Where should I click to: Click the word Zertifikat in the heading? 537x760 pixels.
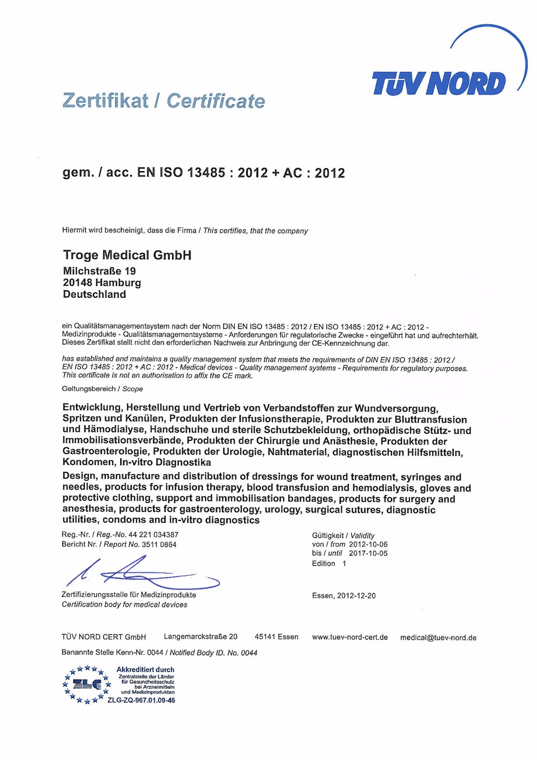pyautogui.click(x=105, y=101)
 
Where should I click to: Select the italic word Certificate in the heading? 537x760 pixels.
pyautogui.click(x=216, y=101)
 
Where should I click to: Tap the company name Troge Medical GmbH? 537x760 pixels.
pyautogui.click(x=127, y=255)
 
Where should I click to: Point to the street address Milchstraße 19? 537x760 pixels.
pyautogui.click(x=99, y=271)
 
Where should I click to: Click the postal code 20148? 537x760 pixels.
pyautogui.click(x=77, y=283)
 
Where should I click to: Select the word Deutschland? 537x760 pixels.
pyautogui.click(x=94, y=294)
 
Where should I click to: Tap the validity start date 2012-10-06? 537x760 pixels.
pyautogui.click(x=368, y=544)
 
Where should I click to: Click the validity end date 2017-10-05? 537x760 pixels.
pyautogui.click(x=368, y=553)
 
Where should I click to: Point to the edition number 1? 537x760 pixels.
pyautogui.click(x=344, y=563)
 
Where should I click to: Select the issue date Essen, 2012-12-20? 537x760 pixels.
pyautogui.click(x=344, y=596)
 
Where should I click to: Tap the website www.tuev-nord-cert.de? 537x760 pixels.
pyautogui.click(x=350, y=637)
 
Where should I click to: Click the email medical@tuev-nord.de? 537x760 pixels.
pyautogui.click(x=438, y=637)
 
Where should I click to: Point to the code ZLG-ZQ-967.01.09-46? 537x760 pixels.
pyautogui.click(x=141, y=700)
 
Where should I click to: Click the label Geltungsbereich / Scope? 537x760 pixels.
pyautogui.click(x=103, y=389)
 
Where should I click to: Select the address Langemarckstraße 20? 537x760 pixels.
pyautogui.click(x=200, y=636)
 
